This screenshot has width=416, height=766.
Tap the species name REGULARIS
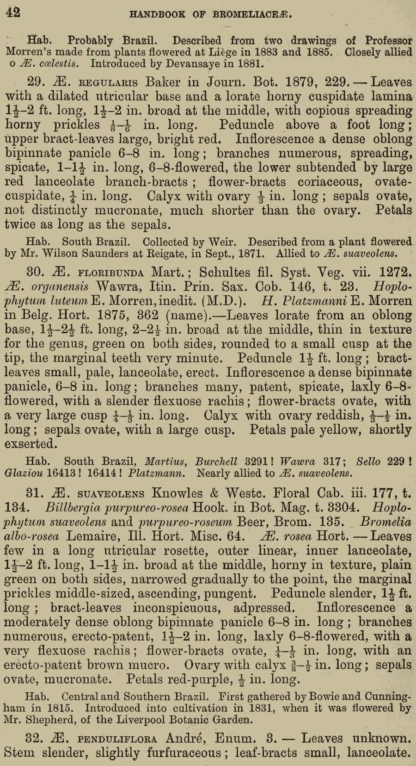[109, 83]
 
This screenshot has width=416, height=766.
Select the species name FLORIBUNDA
[112, 273]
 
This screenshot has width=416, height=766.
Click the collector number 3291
[257, 461]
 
